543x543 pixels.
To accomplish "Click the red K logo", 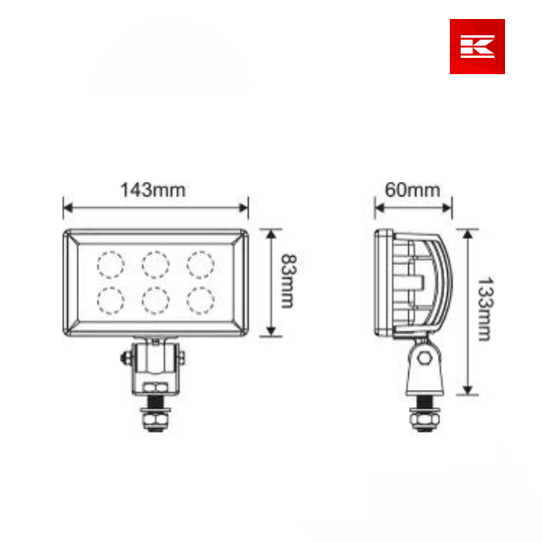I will [477, 46].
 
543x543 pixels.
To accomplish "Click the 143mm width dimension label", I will [154, 190].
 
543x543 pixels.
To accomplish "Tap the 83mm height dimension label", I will [286, 281].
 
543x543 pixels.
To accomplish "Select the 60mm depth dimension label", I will [412, 190].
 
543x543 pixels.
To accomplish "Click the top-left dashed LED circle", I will [110, 263].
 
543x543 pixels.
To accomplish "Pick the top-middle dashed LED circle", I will [155, 263].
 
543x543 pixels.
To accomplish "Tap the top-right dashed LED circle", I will [200, 263].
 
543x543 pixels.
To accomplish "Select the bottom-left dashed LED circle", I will [110, 299].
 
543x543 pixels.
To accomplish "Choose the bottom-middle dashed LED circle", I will [155, 299].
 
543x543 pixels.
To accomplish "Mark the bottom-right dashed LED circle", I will [200, 299].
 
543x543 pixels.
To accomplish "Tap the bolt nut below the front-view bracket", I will [156, 419].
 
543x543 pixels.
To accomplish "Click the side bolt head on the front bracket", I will [123, 359].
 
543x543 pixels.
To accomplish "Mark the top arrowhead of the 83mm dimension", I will [271, 233].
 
